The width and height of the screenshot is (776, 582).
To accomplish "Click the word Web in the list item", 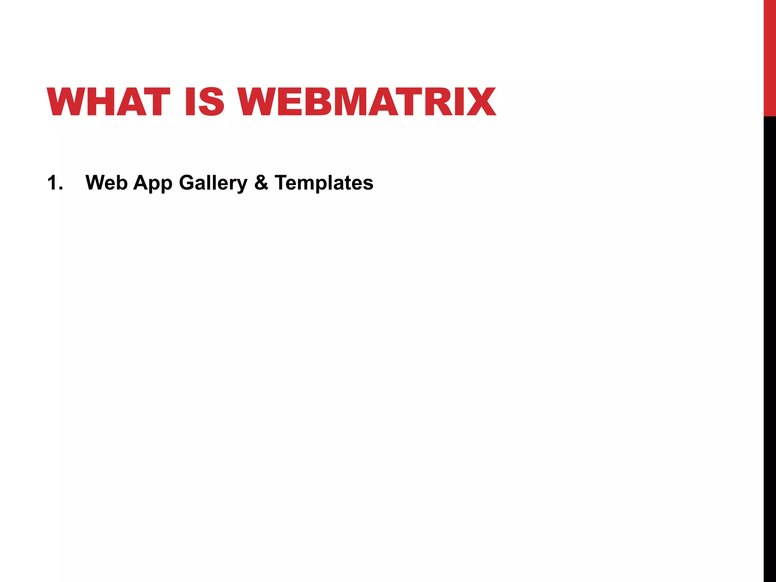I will pyautogui.click(x=106, y=183).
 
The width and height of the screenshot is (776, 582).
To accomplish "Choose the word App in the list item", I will pyautogui.click(x=153, y=183).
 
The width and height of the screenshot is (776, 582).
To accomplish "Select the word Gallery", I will pyautogui.click(x=213, y=183).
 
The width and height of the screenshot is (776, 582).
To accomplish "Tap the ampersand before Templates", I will pyautogui.click(x=261, y=183).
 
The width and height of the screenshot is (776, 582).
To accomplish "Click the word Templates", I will pyautogui.click(x=324, y=183).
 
